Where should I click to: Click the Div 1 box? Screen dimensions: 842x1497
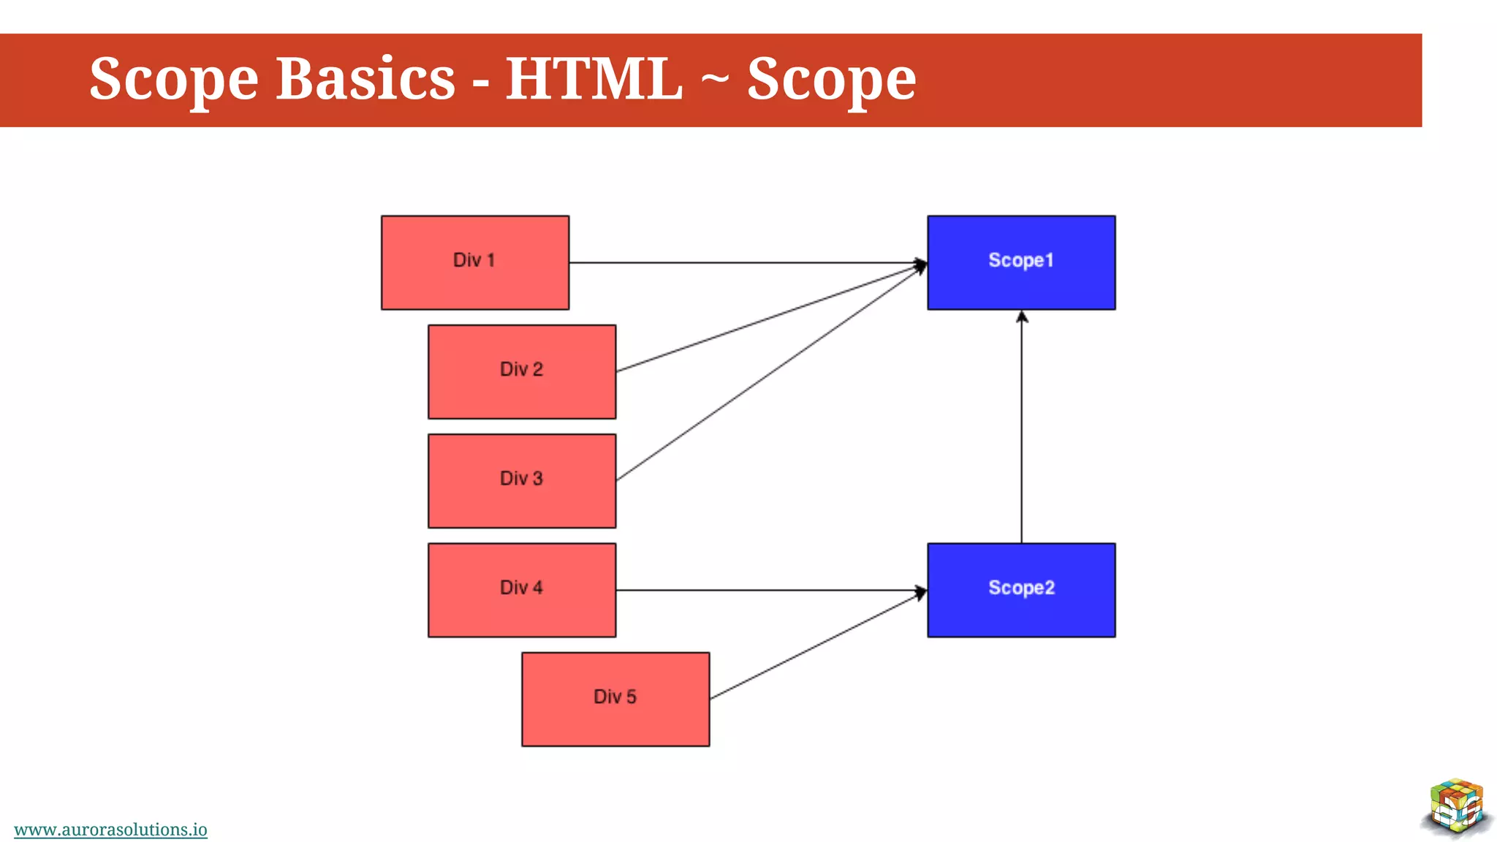tap(474, 262)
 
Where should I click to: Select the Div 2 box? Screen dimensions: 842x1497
tap(521, 371)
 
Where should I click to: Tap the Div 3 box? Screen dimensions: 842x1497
tap(521, 480)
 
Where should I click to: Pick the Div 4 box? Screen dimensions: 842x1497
tap(521, 589)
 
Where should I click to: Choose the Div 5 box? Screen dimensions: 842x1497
tap(615, 699)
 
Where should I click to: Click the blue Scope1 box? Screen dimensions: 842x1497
tap(1020, 262)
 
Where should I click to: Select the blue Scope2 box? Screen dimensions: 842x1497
tap(1020, 589)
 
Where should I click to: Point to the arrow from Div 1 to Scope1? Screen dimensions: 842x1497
tap(746, 262)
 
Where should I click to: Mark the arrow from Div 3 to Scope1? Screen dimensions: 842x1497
tap(768, 375)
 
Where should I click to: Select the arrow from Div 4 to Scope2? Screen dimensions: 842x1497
tap(768, 590)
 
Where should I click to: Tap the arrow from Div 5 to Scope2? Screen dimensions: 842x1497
tap(815, 646)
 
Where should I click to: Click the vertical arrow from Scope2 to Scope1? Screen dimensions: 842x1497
tap(1021, 431)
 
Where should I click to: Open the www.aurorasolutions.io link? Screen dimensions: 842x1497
tap(110, 830)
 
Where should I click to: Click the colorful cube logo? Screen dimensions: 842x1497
tap(1456, 807)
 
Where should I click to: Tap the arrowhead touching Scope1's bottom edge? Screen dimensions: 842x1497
tap(1022, 317)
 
